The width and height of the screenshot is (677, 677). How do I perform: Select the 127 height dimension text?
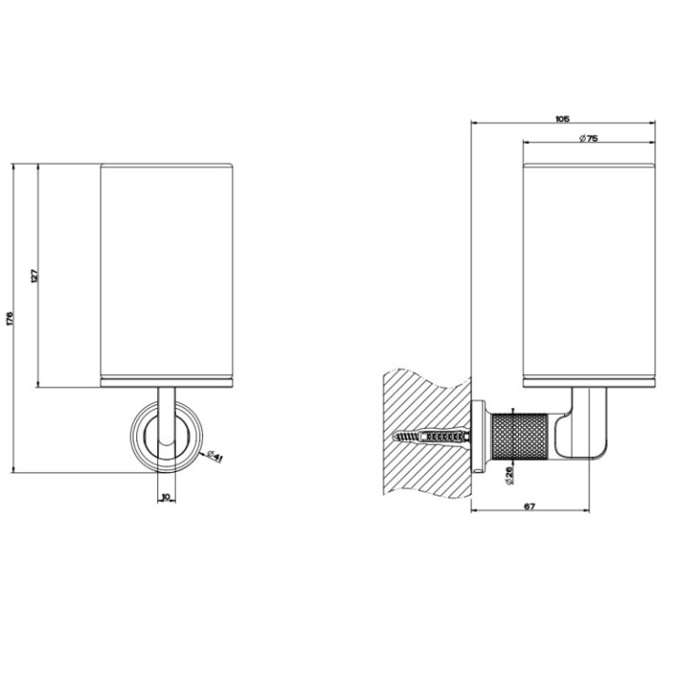[32, 276]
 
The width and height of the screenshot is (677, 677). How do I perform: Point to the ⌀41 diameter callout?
[213, 457]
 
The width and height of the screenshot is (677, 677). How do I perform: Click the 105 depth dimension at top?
[561, 118]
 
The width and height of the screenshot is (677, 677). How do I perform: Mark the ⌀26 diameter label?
[508, 476]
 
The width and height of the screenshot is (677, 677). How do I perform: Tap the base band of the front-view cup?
[166, 382]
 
